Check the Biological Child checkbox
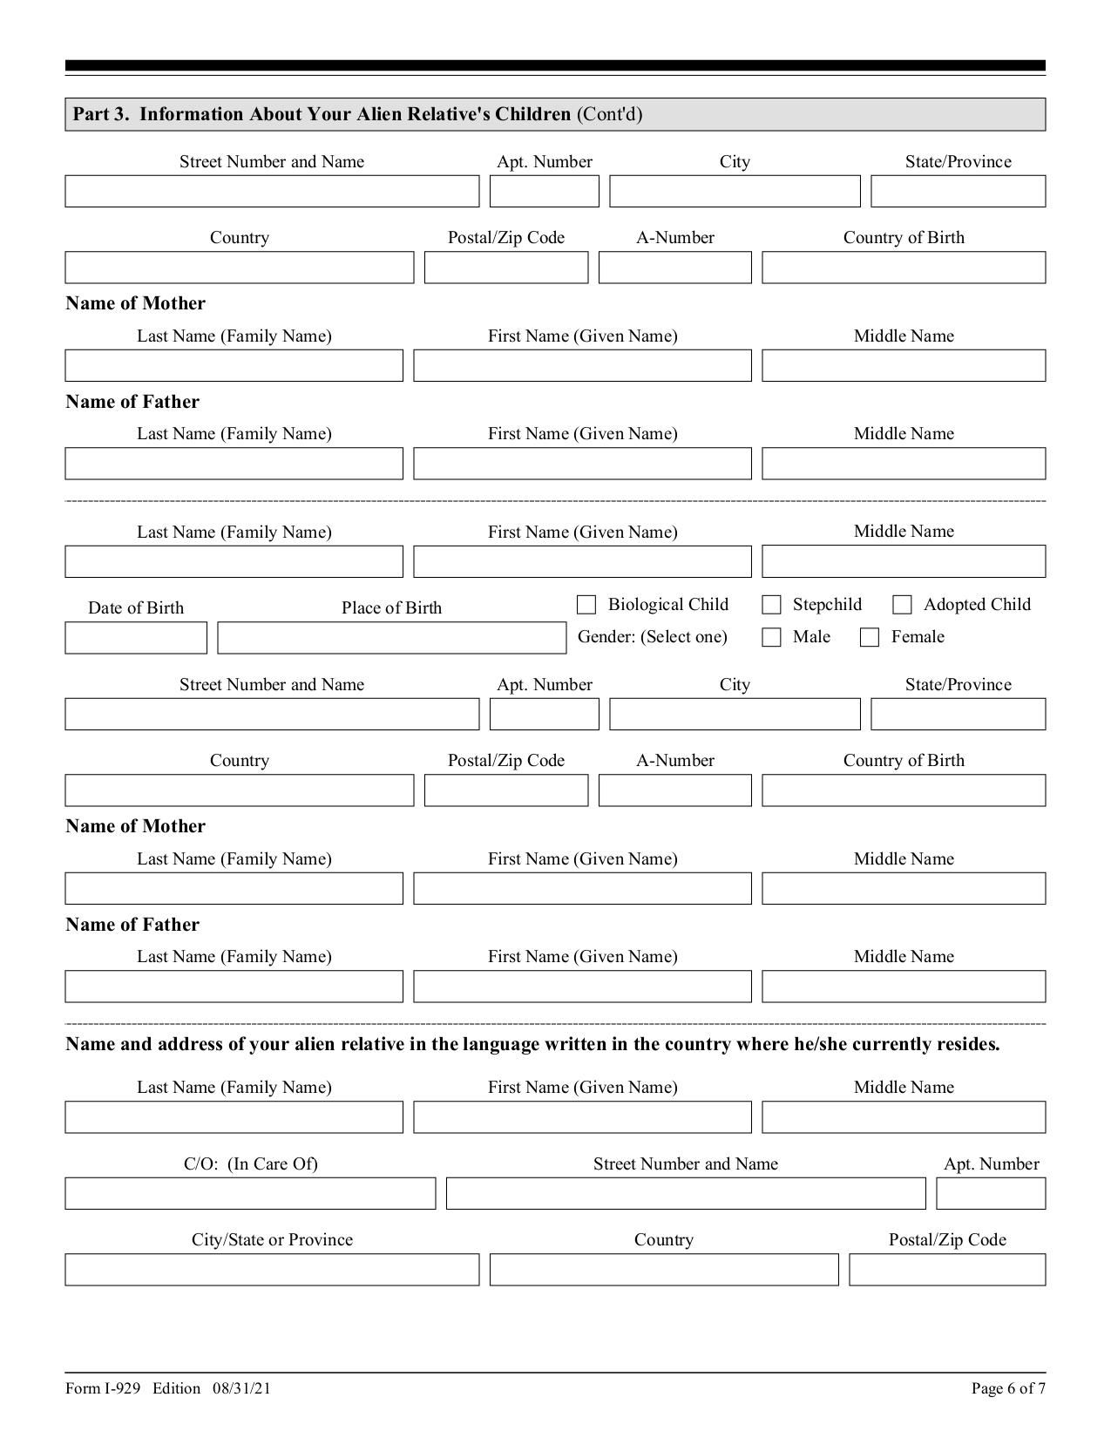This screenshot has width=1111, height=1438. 586,605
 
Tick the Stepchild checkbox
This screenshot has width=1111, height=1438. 771,605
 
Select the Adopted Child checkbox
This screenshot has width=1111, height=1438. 902,605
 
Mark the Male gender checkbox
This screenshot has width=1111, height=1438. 771,637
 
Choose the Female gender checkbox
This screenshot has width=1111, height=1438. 869,637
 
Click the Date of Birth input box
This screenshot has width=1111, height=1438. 136,638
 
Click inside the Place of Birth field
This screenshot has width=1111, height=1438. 391,638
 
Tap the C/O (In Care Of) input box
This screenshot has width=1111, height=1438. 250,1194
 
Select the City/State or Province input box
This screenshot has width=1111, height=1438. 272,1270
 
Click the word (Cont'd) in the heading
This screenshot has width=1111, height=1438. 609,114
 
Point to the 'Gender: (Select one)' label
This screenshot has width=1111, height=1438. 652,637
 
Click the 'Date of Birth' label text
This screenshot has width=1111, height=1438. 136,608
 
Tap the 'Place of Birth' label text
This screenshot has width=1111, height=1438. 391,608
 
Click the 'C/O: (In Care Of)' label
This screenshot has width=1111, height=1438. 250,1164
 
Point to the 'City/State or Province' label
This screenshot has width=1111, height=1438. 272,1240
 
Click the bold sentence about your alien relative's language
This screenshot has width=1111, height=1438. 532,1044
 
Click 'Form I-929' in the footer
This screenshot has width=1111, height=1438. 103,1388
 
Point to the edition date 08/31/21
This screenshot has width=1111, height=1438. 241,1388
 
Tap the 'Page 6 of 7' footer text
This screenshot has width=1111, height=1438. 1008,1388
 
